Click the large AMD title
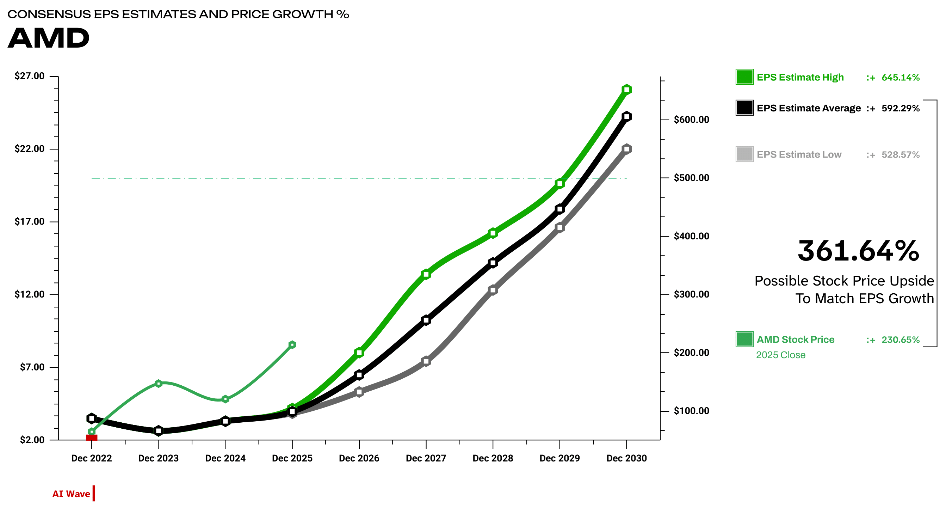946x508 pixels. point(49,38)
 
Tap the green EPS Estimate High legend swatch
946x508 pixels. point(744,77)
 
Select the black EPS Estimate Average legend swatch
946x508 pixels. point(744,108)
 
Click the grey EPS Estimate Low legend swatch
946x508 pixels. point(744,154)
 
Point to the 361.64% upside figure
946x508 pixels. point(858,251)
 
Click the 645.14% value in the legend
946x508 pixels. point(901,78)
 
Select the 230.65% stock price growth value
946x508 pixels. point(901,340)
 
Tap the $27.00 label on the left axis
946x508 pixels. point(29,76)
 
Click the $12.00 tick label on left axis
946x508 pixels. point(29,294)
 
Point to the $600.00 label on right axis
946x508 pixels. point(692,120)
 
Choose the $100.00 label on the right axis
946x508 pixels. point(692,411)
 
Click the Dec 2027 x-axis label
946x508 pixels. point(426,458)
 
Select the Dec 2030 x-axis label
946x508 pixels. point(626,458)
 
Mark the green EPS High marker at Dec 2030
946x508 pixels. point(627,90)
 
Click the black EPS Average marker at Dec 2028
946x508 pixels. point(493,263)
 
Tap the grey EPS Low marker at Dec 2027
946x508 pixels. point(426,361)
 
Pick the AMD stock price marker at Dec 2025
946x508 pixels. point(292,345)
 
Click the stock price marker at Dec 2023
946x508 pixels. point(159,384)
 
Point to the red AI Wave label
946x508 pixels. point(71,494)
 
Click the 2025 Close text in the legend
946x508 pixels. point(780,355)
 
